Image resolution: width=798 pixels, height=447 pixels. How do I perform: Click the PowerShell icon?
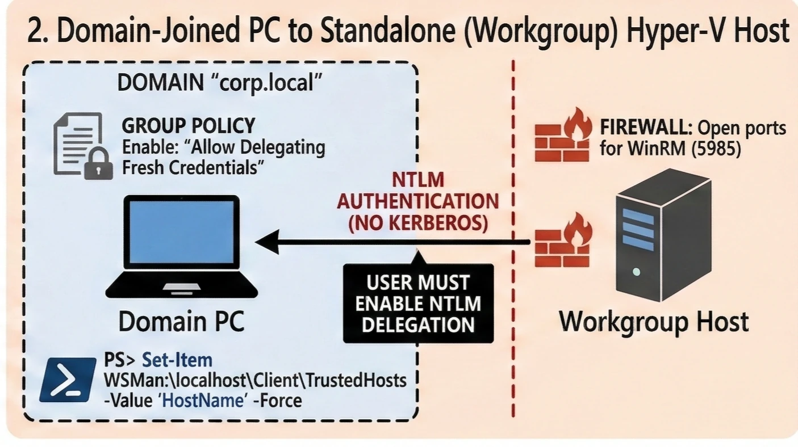(x=68, y=379)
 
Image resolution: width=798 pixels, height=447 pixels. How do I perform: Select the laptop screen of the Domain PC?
(x=181, y=232)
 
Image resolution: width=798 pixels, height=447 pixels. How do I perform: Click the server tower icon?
(x=663, y=235)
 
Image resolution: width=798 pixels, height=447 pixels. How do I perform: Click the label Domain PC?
(x=181, y=321)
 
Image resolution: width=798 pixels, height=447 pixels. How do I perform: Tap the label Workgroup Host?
(x=654, y=321)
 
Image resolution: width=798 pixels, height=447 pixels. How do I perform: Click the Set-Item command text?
(x=177, y=360)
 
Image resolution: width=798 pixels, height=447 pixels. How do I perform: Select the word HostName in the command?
(x=204, y=400)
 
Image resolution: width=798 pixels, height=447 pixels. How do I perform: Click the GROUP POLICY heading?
(x=189, y=125)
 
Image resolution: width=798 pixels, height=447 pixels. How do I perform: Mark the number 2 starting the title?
(x=36, y=31)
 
